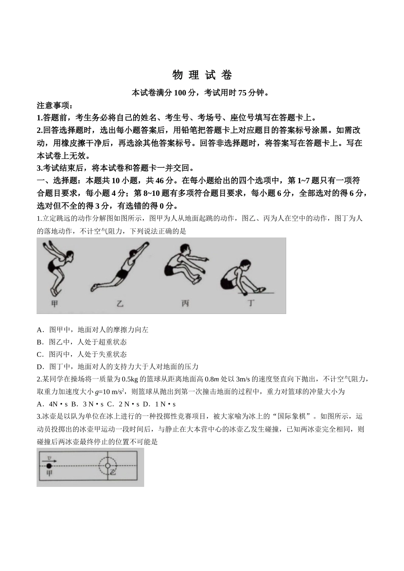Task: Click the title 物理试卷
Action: point(202,75)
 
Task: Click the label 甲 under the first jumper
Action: point(54,303)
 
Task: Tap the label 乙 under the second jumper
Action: point(120,303)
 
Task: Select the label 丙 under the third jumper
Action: point(185,303)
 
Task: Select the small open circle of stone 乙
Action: point(108,466)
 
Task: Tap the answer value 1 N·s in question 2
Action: point(165,404)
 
